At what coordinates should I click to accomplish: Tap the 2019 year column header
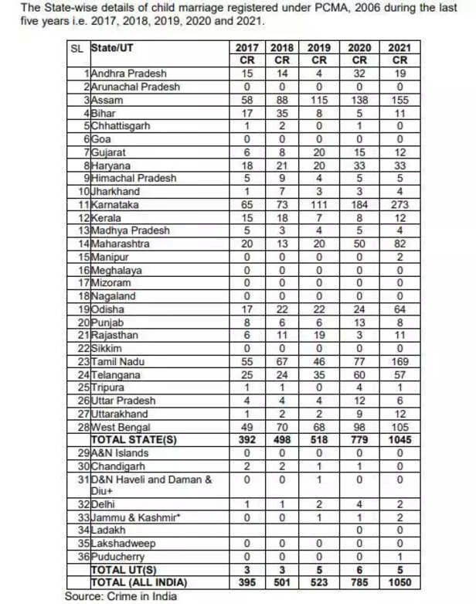click(x=318, y=48)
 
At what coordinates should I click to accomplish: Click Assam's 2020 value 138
click(x=359, y=101)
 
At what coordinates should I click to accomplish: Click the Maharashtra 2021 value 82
click(x=399, y=244)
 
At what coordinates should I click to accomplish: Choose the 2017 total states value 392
click(x=245, y=439)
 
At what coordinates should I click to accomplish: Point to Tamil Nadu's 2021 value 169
click(x=399, y=362)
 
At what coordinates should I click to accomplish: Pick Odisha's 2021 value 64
click(x=399, y=309)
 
